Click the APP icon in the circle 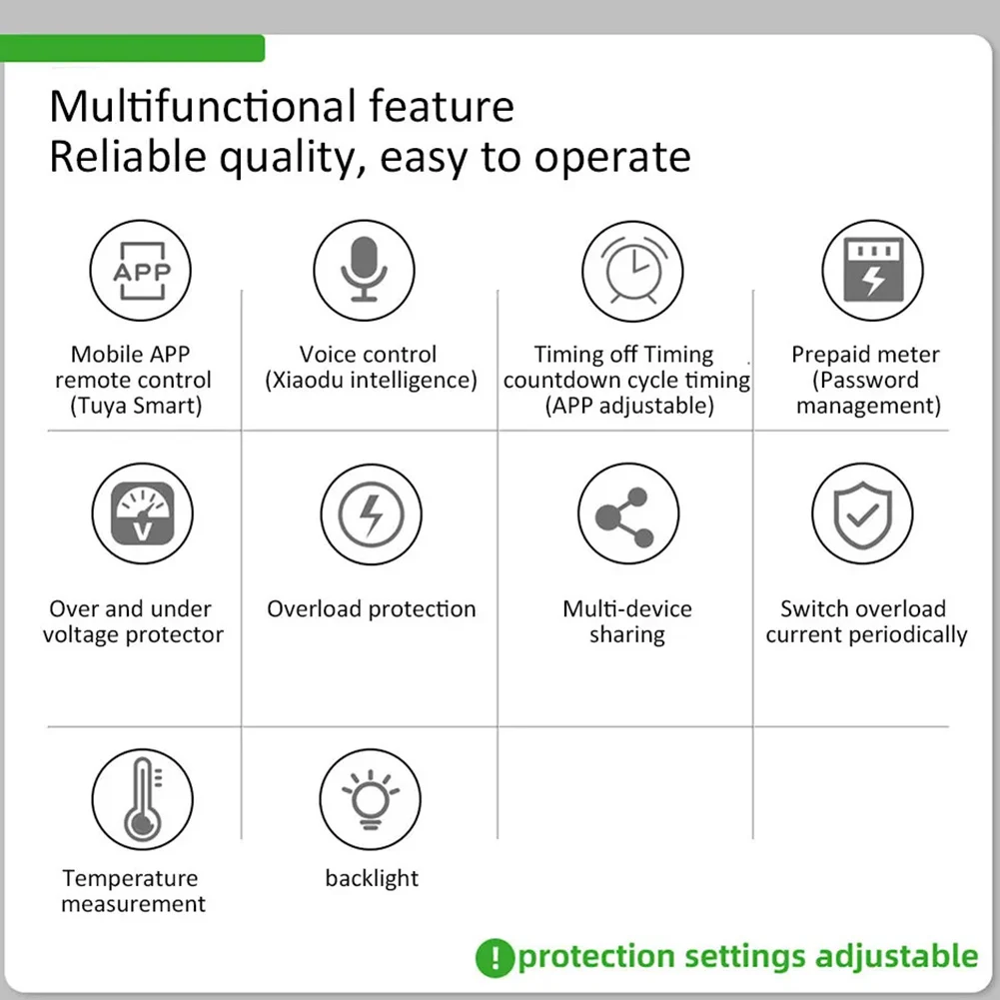pyautogui.click(x=141, y=271)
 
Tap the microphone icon pyautogui.click(x=364, y=269)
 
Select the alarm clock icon pyautogui.click(x=632, y=270)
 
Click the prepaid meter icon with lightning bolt pyautogui.click(x=873, y=270)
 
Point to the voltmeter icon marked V pyautogui.click(x=142, y=514)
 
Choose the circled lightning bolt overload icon pyautogui.click(x=372, y=514)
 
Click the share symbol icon pyautogui.click(x=624, y=517)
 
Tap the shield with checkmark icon pyautogui.click(x=863, y=515)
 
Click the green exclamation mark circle pyautogui.click(x=495, y=958)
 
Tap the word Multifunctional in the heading pyautogui.click(x=203, y=106)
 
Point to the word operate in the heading pyautogui.click(x=612, y=158)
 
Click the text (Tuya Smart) pyautogui.click(x=136, y=406)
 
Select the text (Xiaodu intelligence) pyautogui.click(x=372, y=380)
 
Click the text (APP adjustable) pyautogui.click(x=629, y=406)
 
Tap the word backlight pyautogui.click(x=372, y=878)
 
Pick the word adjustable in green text pyautogui.click(x=896, y=957)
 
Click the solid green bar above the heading pyautogui.click(x=132, y=48)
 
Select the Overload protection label pyautogui.click(x=372, y=609)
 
